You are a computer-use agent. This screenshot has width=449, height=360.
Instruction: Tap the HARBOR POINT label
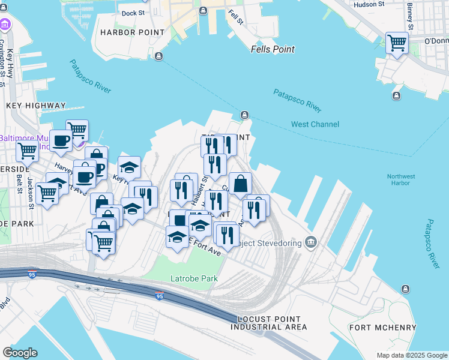point(132,32)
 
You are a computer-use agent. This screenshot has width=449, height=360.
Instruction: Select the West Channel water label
point(315,124)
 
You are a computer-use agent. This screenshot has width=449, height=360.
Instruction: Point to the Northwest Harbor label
point(400,180)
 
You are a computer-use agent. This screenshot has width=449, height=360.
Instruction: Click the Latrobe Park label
point(193,278)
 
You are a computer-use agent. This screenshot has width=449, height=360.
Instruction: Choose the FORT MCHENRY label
point(383,328)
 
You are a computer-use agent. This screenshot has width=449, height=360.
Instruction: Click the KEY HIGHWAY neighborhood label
point(35,106)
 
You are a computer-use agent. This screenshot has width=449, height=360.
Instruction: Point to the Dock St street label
point(133,13)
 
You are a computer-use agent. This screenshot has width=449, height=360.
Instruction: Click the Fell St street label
point(235,17)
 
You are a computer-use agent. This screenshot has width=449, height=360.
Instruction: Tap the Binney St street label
point(411,16)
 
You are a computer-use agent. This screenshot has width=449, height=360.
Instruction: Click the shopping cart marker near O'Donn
point(397,43)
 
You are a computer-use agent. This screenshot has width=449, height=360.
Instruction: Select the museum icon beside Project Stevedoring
point(310,242)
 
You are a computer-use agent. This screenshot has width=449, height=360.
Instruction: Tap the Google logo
point(20,353)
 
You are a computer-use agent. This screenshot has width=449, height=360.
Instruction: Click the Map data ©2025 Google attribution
point(411,355)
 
